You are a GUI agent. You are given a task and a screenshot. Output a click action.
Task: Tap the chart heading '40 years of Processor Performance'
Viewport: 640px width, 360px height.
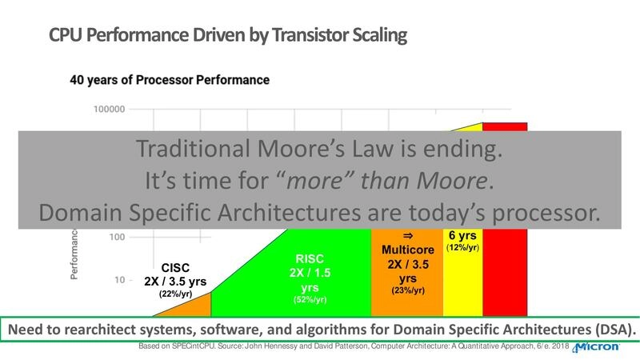[170, 80]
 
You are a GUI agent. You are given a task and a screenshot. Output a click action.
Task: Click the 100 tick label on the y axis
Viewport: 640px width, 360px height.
[113, 237]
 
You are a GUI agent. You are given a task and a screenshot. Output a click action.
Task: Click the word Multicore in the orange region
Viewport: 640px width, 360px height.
[407, 250]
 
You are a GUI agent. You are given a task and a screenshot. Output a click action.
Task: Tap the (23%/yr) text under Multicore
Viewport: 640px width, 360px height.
[407, 291]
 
